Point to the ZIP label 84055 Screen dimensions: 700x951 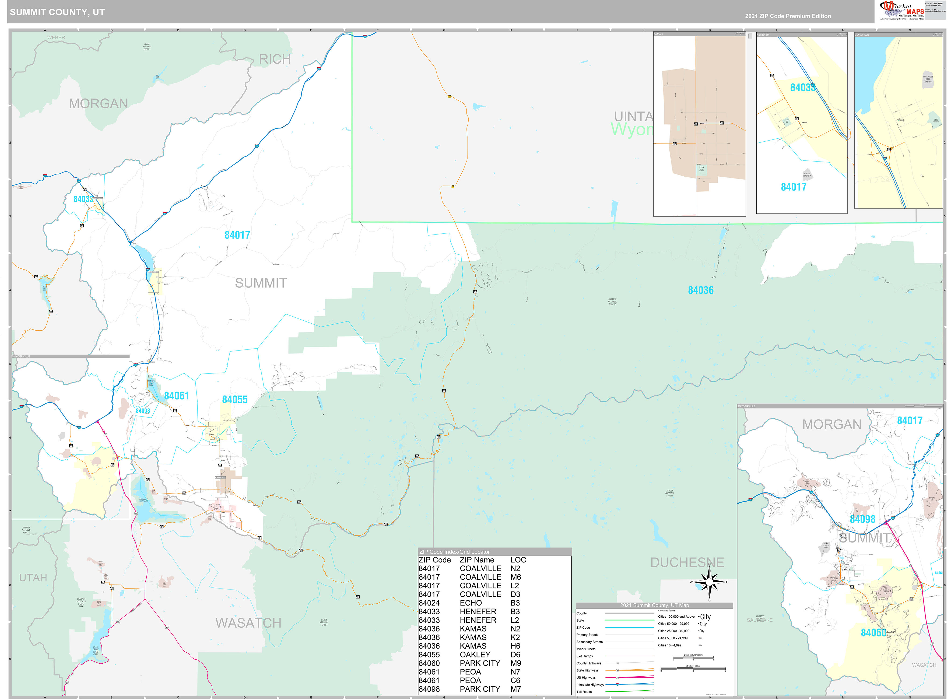(235, 400)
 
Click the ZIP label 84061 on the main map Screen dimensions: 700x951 (176, 396)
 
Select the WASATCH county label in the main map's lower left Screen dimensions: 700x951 (248, 623)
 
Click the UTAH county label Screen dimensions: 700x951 (33, 577)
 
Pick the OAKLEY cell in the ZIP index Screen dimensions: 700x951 (475, 655)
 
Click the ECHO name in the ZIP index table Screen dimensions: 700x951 (471, 603)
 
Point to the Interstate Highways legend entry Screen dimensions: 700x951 (590, 684)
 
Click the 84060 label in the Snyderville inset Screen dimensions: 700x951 (873, 633)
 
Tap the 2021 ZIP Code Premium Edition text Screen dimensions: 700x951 (788, 16)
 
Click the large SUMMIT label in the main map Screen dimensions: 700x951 (261, 283)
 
